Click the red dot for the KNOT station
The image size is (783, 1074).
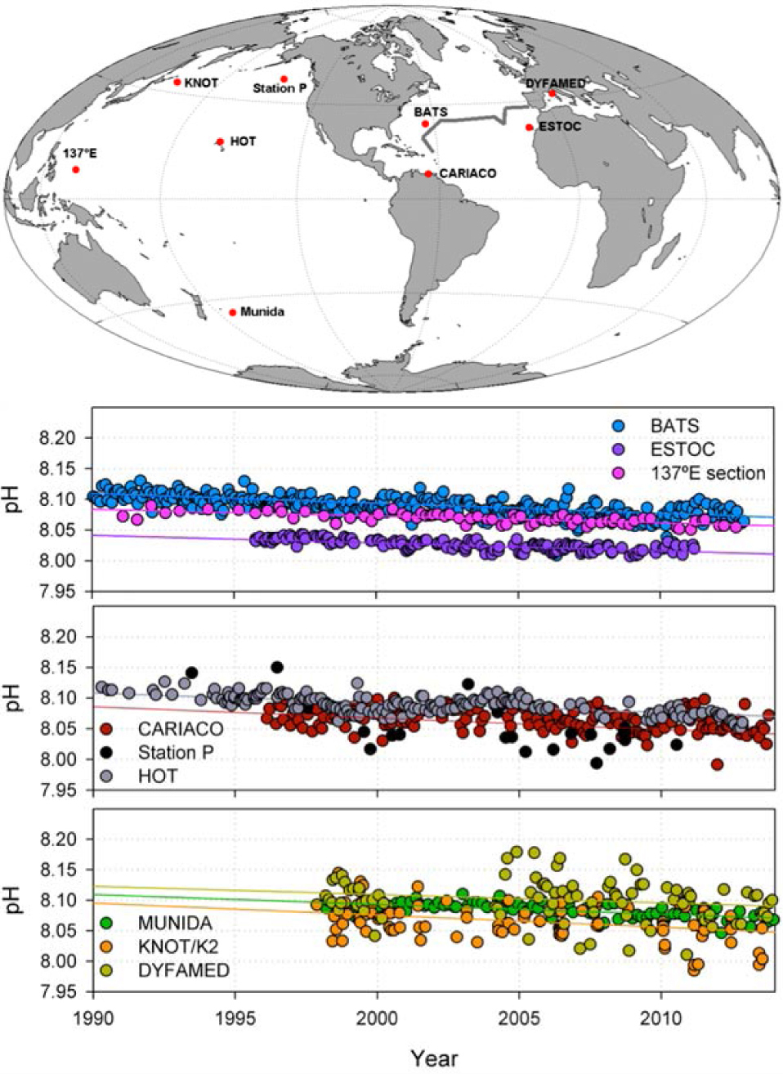tap(177, 82)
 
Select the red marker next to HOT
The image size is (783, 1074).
tap(220, 141)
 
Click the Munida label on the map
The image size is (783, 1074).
tap(262, 311)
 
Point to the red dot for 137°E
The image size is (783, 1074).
tap(75, 169)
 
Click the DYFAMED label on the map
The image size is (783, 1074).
tap(555, 83)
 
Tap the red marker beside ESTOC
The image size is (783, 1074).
tap(530, 127)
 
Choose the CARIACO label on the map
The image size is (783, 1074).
tap(468, 173)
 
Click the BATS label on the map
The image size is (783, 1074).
tap(431, 111)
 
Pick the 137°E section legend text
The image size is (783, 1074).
tap(708, 473)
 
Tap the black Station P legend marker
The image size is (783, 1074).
tap(106, 752)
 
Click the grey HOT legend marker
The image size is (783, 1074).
tap(106, 776)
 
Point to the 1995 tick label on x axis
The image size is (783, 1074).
tap(235, 1018)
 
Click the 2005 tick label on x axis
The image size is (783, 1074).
tap(519, 1018)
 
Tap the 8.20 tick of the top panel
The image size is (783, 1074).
tap(58, 438)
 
